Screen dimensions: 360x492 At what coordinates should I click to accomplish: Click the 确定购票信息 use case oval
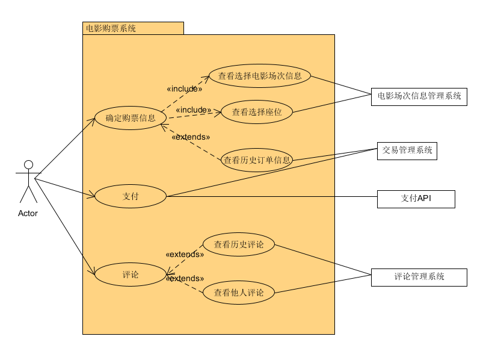(131, 118)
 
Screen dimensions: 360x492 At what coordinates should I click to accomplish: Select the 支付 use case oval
(131, 196)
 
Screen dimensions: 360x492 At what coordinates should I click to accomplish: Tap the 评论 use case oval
(131, 275)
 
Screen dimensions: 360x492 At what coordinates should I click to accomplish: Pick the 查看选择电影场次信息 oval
(260, 76)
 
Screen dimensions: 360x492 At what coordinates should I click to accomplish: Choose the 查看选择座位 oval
(256, 111)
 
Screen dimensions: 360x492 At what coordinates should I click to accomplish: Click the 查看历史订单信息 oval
(257, 160)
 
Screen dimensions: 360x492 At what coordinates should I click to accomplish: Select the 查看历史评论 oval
(239, 244)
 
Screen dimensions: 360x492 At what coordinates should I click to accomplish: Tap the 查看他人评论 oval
(239, 293)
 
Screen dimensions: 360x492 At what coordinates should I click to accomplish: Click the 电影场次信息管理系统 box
(419, 96)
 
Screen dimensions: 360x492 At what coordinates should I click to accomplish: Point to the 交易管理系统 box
(407, 151)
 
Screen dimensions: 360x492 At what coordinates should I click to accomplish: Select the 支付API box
(416, 199)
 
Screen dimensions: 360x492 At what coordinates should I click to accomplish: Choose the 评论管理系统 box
(419, 277)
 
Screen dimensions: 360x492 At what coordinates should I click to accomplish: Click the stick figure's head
(28, 164)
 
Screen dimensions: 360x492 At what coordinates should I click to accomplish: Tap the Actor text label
(28, 213)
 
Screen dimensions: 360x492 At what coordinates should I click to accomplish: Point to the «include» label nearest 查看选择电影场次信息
(184, 89)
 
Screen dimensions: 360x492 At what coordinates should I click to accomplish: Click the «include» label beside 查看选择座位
(194, 110)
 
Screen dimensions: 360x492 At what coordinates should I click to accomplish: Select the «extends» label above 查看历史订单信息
(191, 137)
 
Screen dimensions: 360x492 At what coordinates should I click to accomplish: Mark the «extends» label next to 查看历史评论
(185, 255)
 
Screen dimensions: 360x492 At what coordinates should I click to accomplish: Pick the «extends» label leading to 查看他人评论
(185, 279)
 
